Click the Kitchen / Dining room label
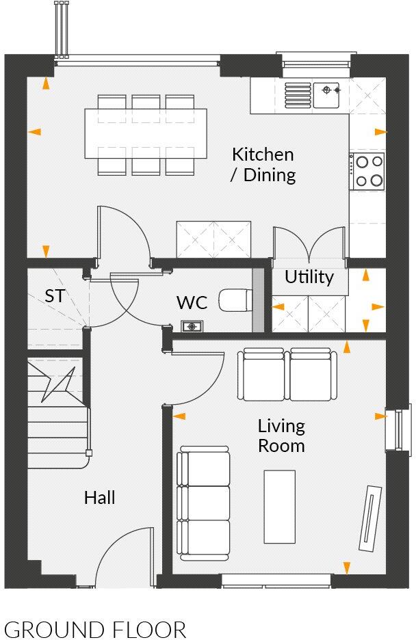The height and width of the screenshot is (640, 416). coord(263,165)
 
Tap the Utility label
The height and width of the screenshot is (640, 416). coord(309,277)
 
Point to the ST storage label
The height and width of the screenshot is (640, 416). coord(55,296)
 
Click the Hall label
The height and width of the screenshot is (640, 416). coord(99,497)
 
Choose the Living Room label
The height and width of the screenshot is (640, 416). coord(281,436)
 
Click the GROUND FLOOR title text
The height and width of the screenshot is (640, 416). coord(95,629)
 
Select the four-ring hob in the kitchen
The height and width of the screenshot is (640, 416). coord(367,171)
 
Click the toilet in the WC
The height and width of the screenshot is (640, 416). coord(235,299)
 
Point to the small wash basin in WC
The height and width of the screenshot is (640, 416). coord(192,326)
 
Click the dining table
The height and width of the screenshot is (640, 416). coord(146,133)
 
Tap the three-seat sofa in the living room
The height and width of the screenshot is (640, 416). coord(204,503)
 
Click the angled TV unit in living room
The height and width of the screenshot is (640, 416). coord(370,518)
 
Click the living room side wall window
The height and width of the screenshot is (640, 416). coord(395,429)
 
